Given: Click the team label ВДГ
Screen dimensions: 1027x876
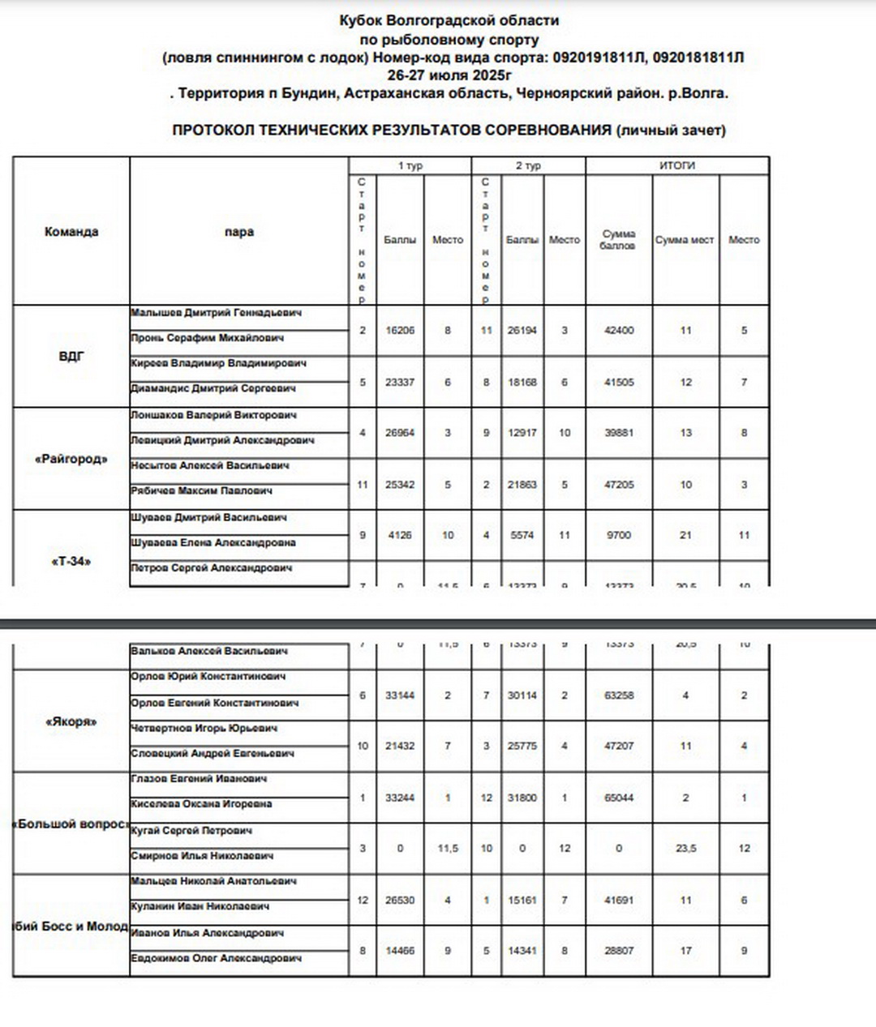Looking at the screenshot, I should [71, 356].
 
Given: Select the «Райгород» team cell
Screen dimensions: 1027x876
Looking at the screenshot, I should [71, 459].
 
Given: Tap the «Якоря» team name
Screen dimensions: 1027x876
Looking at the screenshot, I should [71, 721].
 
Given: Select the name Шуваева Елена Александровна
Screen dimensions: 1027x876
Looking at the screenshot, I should [213, 542].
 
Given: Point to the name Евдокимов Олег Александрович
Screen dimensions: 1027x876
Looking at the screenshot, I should [216, 958].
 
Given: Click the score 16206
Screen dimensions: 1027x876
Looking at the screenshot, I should [400, 331].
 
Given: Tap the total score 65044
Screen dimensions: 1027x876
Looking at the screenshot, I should [619, 798].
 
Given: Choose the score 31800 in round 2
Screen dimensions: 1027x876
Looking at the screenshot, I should [522, 798].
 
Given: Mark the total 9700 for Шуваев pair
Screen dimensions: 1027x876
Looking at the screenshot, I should [619, 535].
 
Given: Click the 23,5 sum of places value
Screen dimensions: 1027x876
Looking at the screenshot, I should [685, 849].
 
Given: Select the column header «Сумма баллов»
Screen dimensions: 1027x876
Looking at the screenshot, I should [618, 239].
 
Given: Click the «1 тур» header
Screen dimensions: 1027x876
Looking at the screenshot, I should [410, 165].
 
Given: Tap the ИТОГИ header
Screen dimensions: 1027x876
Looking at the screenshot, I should [676, 165].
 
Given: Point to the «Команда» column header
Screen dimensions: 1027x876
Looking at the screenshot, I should [71, 232].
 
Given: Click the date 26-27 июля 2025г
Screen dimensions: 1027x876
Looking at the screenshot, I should [449, 75].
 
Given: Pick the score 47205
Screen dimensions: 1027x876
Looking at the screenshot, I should [619, 485].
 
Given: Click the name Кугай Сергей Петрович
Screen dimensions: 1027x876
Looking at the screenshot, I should [191, 831].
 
